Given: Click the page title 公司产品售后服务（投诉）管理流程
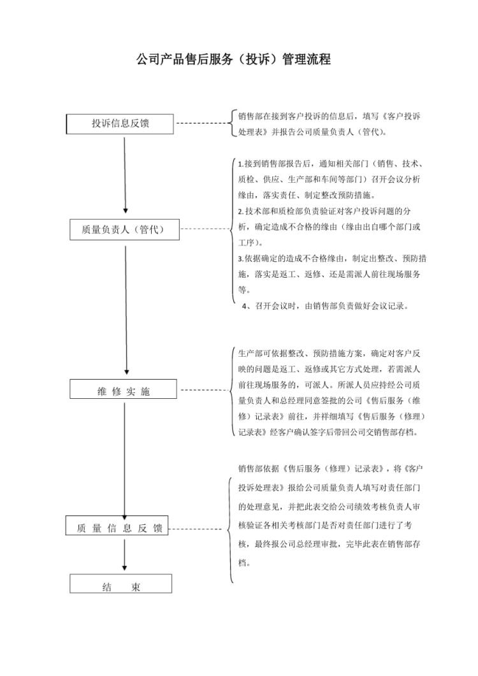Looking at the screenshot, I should (234, 61).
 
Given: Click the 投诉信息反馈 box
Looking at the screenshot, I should (120, 124).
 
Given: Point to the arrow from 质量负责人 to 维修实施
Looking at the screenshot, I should (126, 309).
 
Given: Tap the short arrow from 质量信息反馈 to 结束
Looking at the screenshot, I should (125, 554).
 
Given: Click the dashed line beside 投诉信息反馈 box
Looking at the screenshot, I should (201, 123).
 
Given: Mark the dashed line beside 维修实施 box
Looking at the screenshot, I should (204, 389).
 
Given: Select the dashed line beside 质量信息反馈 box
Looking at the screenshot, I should (196, 529).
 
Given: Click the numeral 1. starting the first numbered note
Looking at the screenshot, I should (240, 164).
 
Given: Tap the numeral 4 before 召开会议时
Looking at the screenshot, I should (245, 306).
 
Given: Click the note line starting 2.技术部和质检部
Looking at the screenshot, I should (324, 211).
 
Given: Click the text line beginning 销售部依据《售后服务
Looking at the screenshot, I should (331, 469).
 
